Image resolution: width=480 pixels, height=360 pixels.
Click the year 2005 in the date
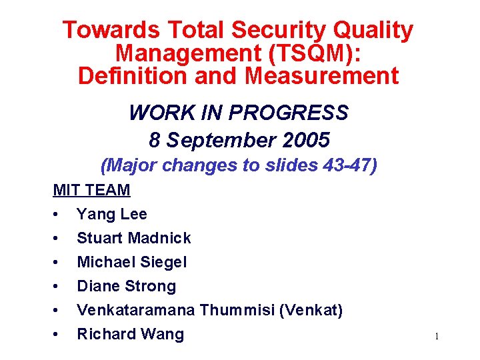(305, 140)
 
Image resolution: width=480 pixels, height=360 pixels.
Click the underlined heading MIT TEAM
(91, 190)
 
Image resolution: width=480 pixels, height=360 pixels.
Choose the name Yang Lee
(112, 214)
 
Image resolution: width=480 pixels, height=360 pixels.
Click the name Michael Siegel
(132, 262)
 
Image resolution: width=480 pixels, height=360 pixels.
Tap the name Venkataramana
(136, 310)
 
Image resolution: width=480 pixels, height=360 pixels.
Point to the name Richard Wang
(130, 334)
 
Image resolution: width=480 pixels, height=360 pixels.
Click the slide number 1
(437, 337)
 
